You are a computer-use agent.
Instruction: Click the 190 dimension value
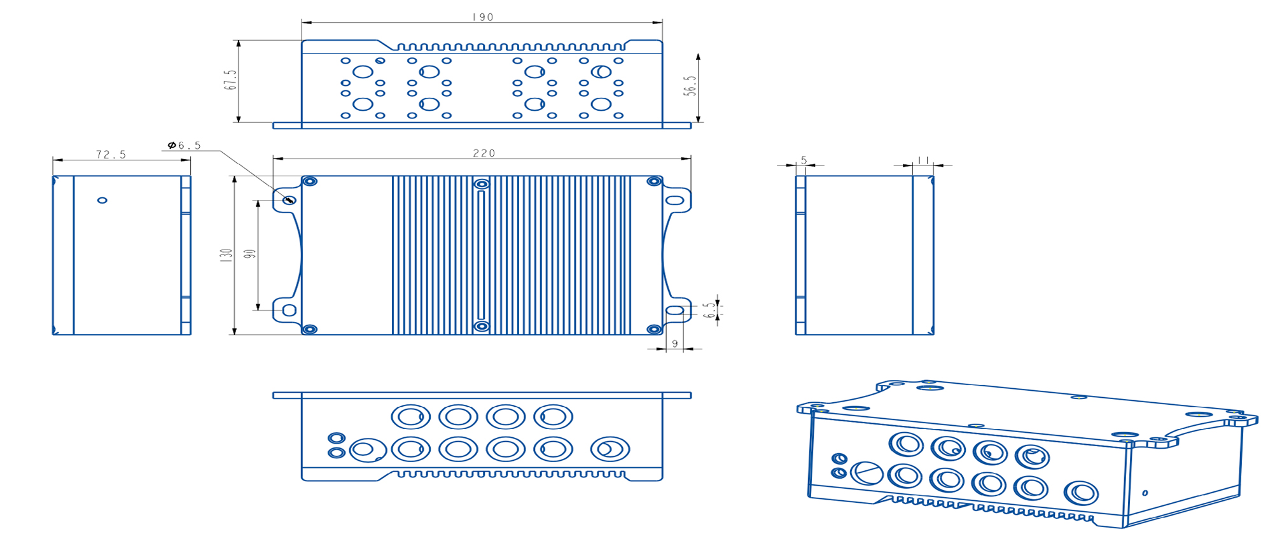click(483, 17)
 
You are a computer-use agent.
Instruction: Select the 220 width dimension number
click(484, 153)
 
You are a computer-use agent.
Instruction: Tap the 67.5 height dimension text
click(230, 80)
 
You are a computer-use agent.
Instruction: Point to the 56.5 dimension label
click(690, 86)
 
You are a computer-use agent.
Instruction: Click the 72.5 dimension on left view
click(111, 155)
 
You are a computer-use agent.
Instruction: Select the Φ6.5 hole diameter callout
click(185, 146)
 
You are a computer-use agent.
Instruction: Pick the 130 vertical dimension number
click(226, 255)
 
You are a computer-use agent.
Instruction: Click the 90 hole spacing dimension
click(250, 253)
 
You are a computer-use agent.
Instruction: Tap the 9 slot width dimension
click(674, 344)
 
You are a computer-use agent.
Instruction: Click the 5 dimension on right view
click(804, 160)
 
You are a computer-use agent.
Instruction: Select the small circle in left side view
click(102, 200)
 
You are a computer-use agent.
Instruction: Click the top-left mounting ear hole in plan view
click(289, 200)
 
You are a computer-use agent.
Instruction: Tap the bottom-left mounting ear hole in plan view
click(289, 311)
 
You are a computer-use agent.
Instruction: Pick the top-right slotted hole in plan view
click(674, 200)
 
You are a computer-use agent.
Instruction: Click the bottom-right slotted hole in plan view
click(674, 311)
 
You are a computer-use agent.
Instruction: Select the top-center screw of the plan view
click(482, 185)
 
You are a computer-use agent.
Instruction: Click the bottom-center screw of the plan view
click(482, 327)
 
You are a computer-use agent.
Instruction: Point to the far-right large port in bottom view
click(610, 449)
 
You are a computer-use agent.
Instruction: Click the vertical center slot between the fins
click(481, 255)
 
